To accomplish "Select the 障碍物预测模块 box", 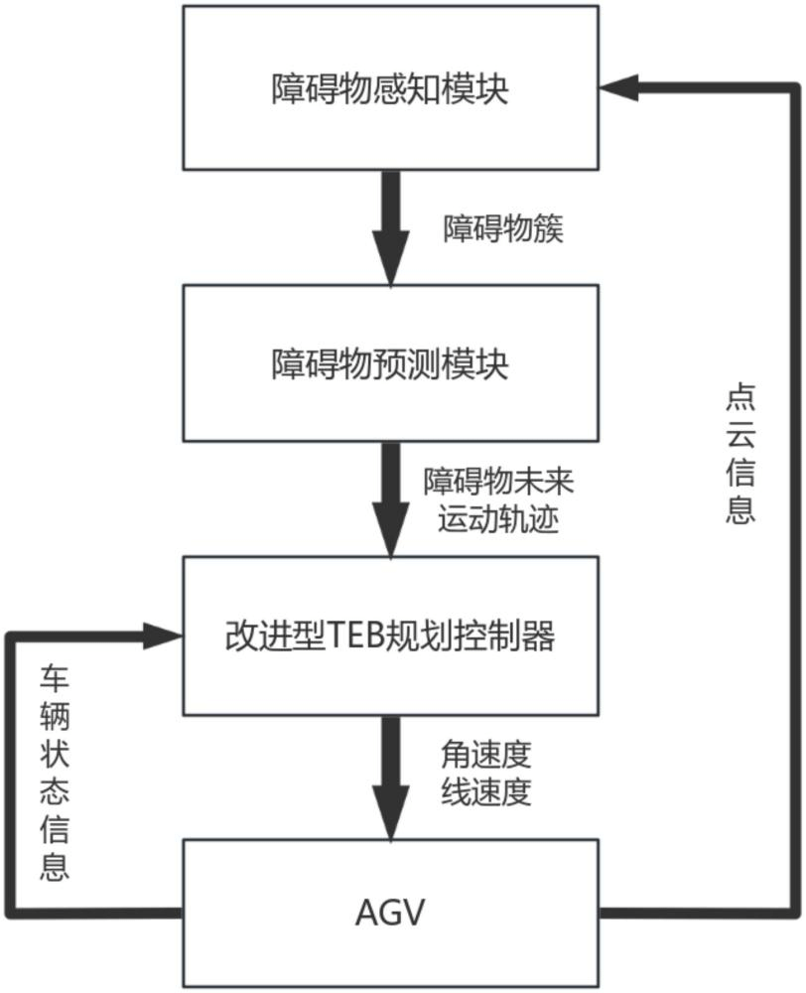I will click(x=390, y=363).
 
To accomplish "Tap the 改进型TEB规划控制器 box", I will click(x=390, y=636).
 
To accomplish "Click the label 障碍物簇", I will click(x=503, y=230).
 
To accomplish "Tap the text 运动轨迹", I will click(x=499, y=519).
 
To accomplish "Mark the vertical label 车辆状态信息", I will click(x=55, y=774).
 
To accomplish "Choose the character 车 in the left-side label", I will click(x=55, y=679).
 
